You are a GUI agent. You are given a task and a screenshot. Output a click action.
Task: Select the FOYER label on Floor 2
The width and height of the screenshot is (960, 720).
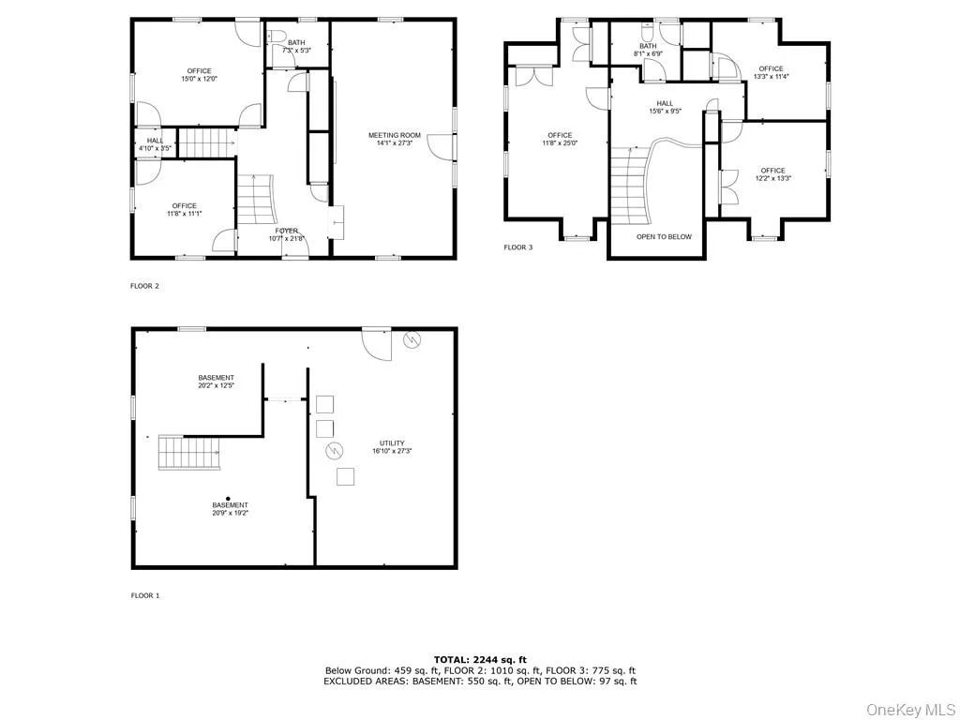[x=287, y=231]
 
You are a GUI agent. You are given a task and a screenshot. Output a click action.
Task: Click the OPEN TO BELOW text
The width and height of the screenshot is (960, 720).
[x=664, y=236]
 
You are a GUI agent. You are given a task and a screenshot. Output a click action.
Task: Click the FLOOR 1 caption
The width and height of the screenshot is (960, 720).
[x=145, y=595]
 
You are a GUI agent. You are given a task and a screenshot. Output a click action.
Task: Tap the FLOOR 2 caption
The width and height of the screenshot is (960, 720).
[x=145, y=286]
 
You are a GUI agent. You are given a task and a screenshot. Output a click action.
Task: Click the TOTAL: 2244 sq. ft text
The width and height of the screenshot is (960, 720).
[x=480, y=659]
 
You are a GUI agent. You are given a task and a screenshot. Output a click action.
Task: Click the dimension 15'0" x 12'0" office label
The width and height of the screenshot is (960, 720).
[x=199, y=80]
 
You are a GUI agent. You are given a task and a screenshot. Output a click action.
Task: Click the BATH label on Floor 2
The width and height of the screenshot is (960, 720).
[x=296, y=42]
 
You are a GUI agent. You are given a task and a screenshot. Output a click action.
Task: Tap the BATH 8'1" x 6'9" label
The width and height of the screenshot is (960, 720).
[x=648, y=51]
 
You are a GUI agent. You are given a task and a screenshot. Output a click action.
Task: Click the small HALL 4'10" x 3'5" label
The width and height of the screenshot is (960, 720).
[x=155, y=144]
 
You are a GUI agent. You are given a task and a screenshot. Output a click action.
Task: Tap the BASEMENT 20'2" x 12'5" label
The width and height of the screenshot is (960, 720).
[x=216, y=382]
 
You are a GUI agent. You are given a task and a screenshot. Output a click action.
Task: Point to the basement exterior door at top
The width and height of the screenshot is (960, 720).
[x=377, y=343]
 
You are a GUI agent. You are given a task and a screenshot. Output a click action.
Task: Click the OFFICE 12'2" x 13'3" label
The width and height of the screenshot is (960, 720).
[x=773, y=174]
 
